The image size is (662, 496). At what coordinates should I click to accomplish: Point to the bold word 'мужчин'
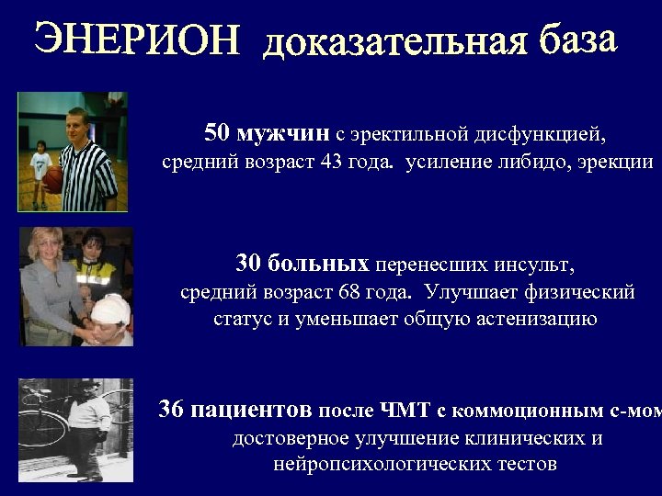tap(282, 134)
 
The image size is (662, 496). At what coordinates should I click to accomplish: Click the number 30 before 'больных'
tap(248, 265)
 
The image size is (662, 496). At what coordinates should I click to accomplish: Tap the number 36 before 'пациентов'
tap(171, 410)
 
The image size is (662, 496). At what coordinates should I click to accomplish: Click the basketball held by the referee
tap(53, 176)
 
